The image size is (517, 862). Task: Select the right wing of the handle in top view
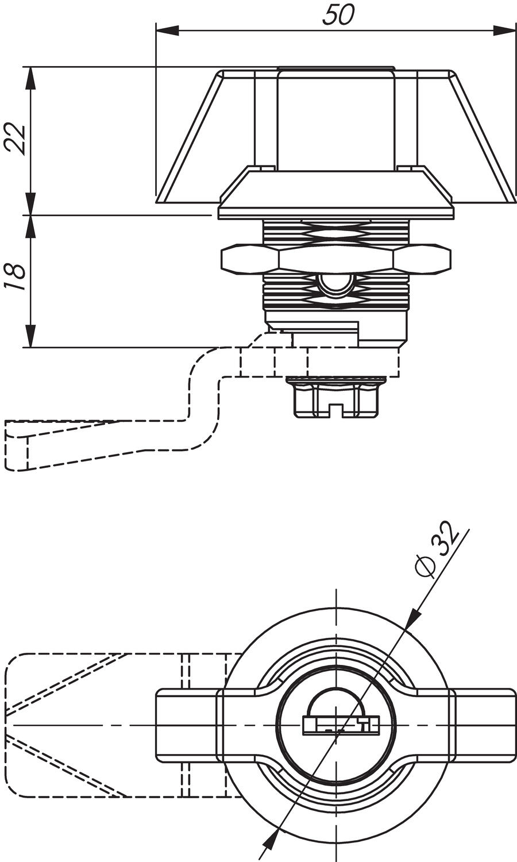[x=483, y=725]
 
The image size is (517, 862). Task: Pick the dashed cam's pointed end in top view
[x=9, y=725]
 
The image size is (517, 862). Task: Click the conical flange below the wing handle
[x=336, y=193]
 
